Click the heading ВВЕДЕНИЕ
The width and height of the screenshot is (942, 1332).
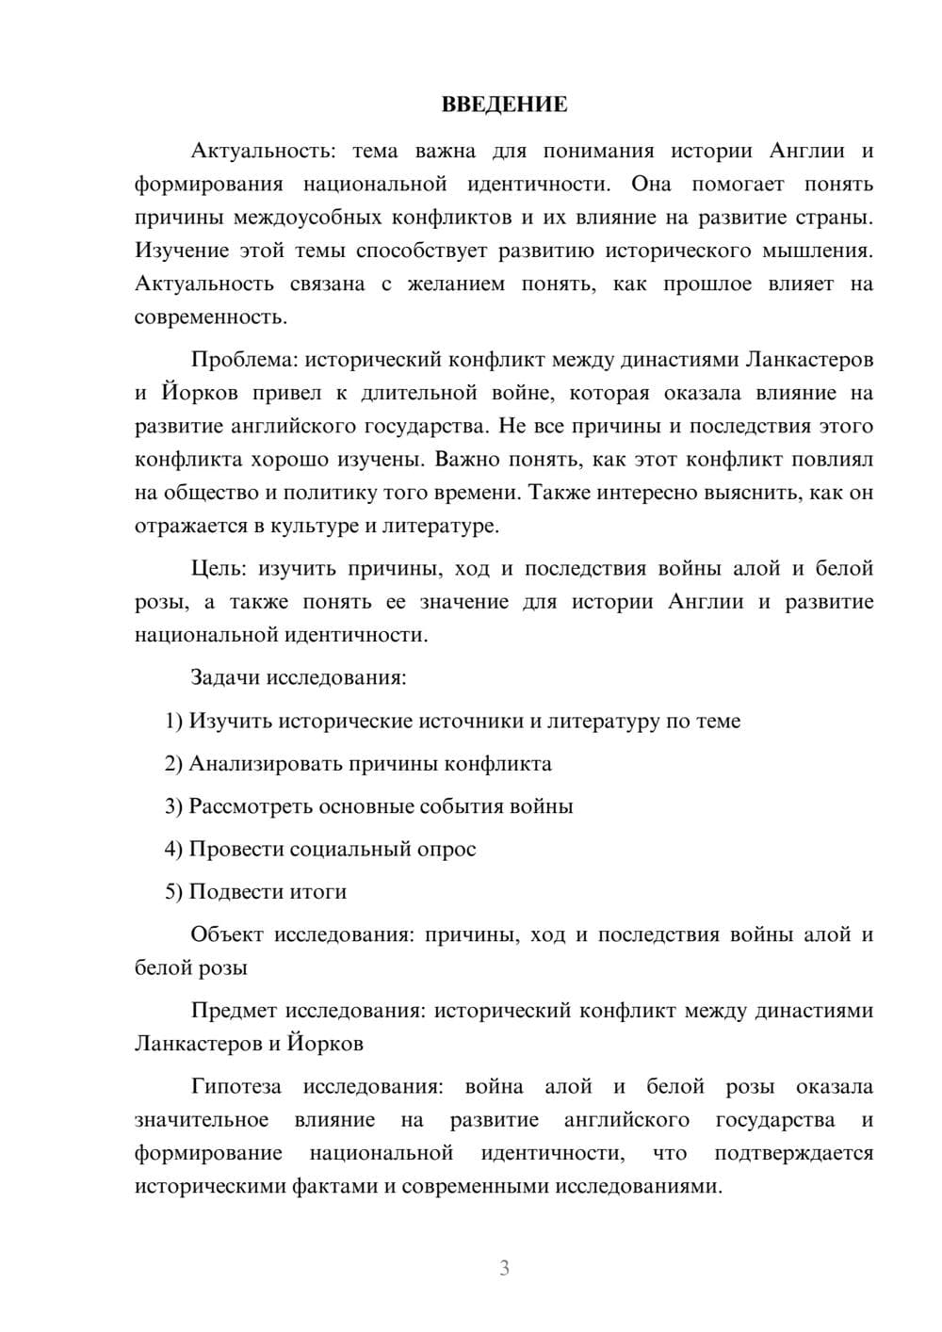click(504, 105)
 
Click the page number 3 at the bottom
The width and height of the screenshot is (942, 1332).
click(504, 1268)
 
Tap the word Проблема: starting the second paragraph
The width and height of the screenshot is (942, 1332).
click(246, 360)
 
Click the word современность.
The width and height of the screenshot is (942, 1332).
click(210, 317)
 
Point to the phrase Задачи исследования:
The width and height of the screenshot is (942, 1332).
click(298, 678)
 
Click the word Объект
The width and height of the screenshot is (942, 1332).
click(227, 934)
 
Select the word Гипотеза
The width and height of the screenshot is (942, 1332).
click(235, 1087)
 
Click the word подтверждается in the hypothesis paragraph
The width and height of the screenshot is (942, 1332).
click(793, 1153)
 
